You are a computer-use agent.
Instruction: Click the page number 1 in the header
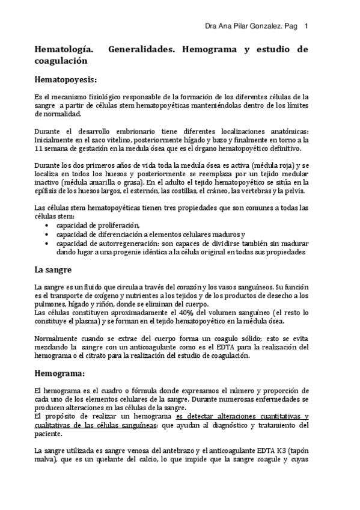click(x=307, y=26)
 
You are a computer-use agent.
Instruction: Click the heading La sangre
click(x=53, y=269)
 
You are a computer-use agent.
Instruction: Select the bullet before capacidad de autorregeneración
click(x=48, y=243)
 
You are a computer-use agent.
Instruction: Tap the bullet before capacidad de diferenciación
click(x=48, y=234)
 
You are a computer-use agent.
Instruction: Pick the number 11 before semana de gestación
click(x=39, y=149)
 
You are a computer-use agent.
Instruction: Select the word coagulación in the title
click(x=61, y=61)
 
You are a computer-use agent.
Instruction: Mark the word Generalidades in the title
click(x=139, y=49)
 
